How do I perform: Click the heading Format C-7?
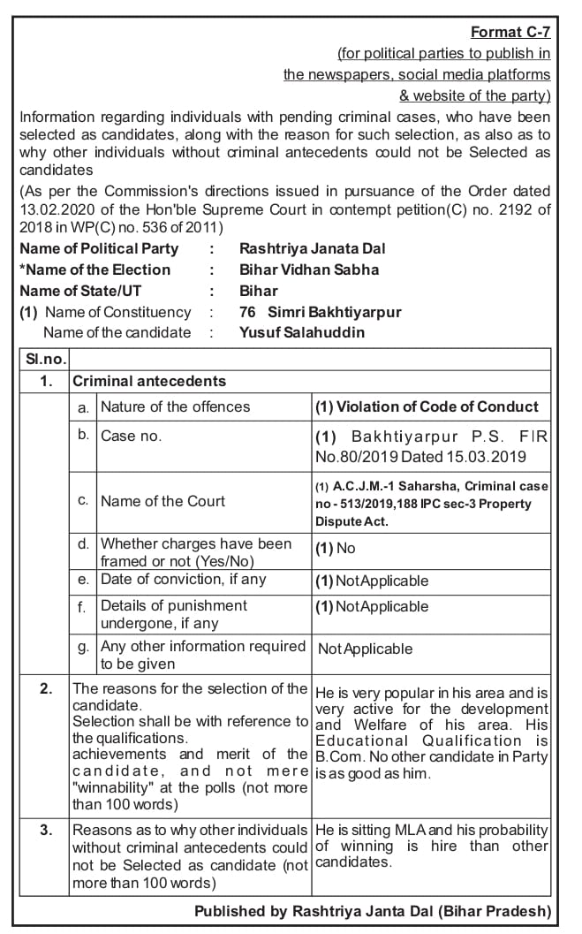510,33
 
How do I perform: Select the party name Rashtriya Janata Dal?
312,248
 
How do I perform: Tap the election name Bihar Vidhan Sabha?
308,270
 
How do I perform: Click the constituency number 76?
248,312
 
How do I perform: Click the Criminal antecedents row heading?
149,382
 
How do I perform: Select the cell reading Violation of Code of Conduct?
427,406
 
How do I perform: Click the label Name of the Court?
163,501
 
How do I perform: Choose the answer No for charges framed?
345,548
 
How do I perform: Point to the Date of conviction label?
183,579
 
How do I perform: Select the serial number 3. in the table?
46,830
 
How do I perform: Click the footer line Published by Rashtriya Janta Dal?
373,911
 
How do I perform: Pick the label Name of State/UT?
80,291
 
